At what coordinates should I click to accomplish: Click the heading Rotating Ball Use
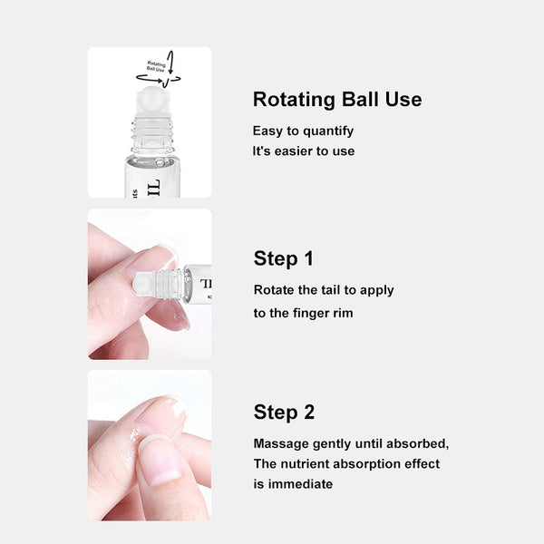(336, 100)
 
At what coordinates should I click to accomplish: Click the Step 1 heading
(283, 258)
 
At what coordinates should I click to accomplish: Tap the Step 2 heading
(284, 413)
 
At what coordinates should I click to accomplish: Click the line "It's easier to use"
(303, 151)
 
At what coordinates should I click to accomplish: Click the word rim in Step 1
(344, 312)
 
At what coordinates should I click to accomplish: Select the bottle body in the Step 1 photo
(198, 282)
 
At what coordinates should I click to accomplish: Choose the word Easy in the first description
(268, 131)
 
